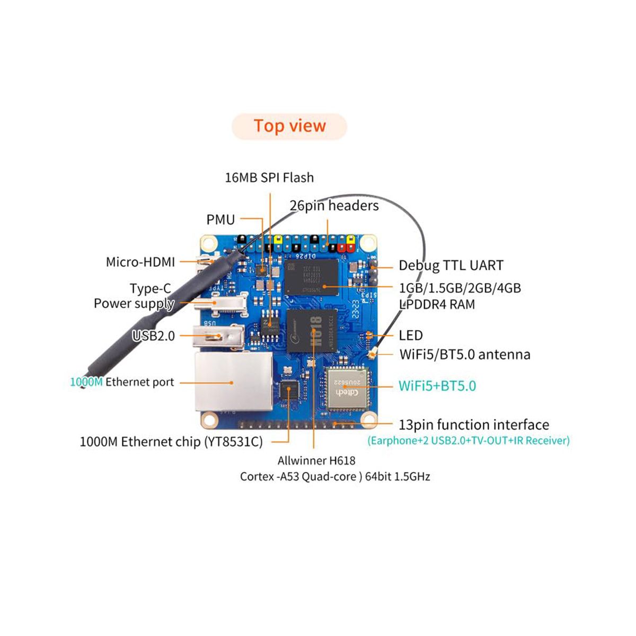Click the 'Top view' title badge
pyautogui.click(x=289, y=127)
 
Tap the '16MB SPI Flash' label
pyautogui.click(x=269, y=178)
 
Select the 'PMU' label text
pyautogui.click(x=220, y=219)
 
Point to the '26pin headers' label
pyautogui.click(x=334, y=206)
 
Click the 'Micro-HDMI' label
pyautogui.click(x=140, y=262)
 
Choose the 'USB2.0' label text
pyautogui.click(x=154, y=336)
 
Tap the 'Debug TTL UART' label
pyautogui.click(x=451, y=266)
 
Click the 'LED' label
pyautogui.click(x=411, y=335)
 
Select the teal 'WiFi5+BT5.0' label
pyautogui.click(x=437, y=386)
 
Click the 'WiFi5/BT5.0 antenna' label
pyautogui.click(x=465, y=355)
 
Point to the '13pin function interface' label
pyautogui.click(x=474, y=425)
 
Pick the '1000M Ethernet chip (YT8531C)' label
pyautogui.click(x=171, y=442)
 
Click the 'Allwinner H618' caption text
pyautogui.click(x=316, y=461)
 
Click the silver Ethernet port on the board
pyautogui.click(x=232, y=383)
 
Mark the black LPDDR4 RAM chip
pyautogui.click(x=311, y=276)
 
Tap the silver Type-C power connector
pyautogui.click(x=220, y=303)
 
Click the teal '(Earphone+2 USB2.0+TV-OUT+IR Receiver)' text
pyautogui.click(x=469, y=440)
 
